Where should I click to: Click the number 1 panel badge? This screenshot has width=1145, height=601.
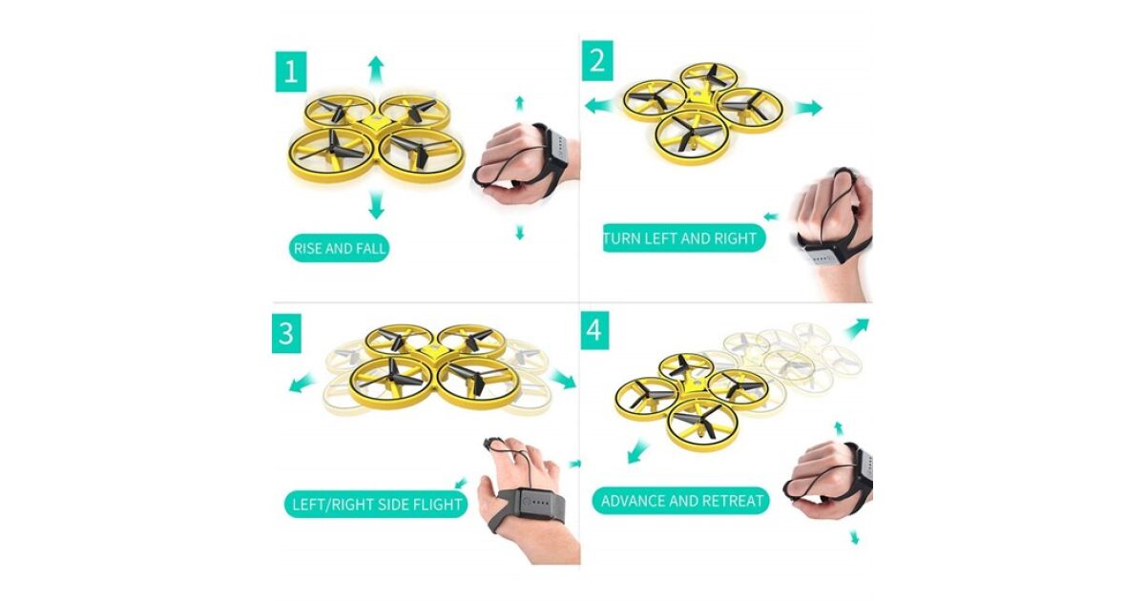click(x=291, y=72)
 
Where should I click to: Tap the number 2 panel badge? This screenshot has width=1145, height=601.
click(x=597, y=60)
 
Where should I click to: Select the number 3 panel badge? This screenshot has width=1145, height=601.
click(x=286, y=333)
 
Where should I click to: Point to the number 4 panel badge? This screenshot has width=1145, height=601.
click(x=594, y=330)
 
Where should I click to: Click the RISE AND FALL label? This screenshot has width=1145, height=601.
click(x=339, y=248)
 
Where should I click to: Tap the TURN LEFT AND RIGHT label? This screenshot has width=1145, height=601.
click(x=684, y=238)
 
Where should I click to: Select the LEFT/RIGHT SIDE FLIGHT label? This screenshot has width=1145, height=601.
click(x=376, y=505)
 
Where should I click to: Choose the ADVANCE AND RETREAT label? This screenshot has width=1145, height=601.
click(x=681, y=500)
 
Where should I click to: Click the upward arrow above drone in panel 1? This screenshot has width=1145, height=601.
click(x=376, y=71)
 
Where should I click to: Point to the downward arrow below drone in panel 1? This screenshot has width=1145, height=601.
click(x=376, y=204)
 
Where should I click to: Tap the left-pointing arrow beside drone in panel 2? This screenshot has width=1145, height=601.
click(x=600, y=106)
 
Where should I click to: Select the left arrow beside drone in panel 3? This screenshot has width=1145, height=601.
click(x=302, y=383)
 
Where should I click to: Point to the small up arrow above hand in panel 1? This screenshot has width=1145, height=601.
click(x=520, y=103)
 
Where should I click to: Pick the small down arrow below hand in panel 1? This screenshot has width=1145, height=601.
click(x=520, y=233)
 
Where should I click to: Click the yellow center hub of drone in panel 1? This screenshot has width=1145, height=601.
click(x=376, y=123)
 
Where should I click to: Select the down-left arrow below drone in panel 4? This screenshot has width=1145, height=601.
click(x=637, y=453)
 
